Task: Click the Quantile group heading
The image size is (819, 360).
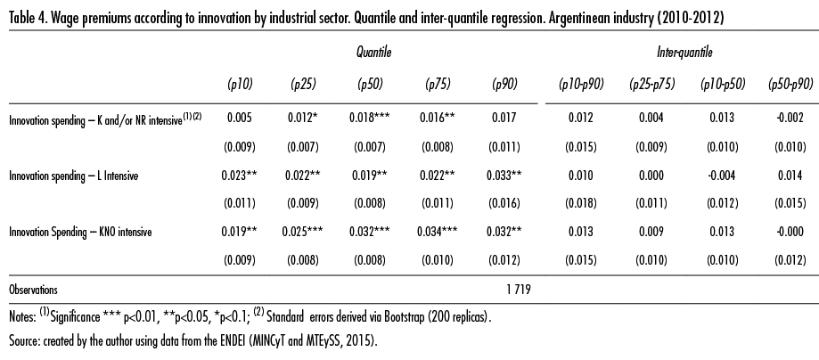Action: click(372, 53)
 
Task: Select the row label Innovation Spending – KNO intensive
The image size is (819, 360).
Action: click(80, 232)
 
